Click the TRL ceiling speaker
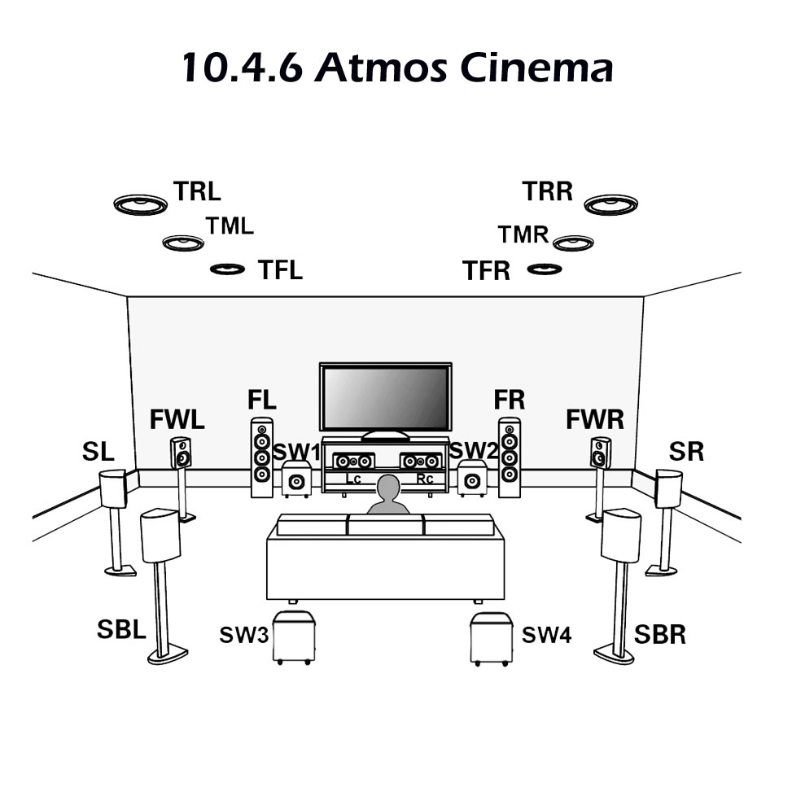click(140, 203)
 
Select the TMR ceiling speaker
click(573, 243)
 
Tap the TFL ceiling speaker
click(227, 269)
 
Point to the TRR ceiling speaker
click(610, 204)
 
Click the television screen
click(385, 398)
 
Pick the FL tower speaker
click(262, 457)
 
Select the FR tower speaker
click(510, 457)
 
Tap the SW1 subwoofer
click(296, 479)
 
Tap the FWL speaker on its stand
click(181, 453)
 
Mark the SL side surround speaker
click(112, 488)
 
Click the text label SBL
click(120, 629)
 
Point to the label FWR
click(595, 420)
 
